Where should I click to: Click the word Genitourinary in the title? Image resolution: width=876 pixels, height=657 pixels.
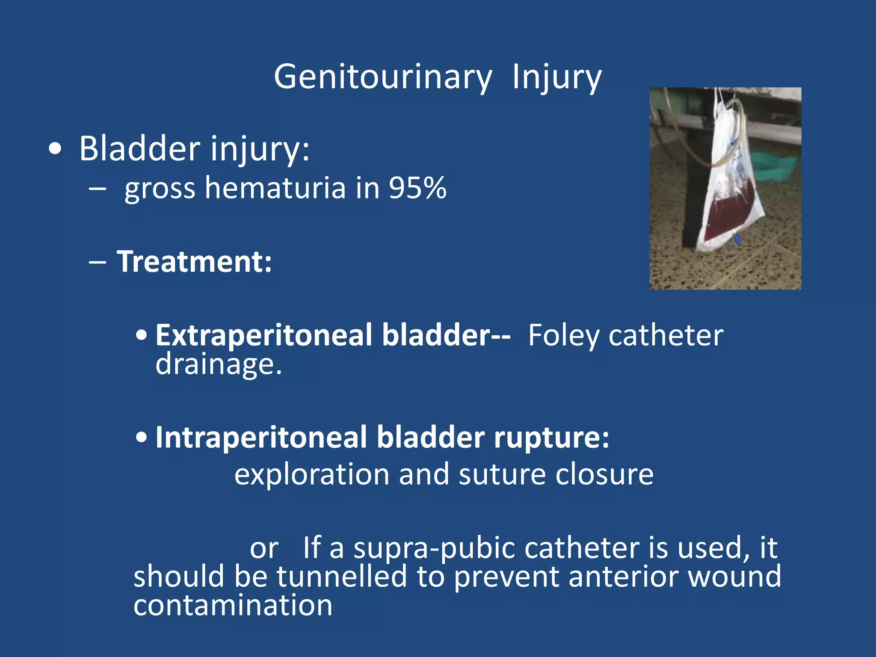383,77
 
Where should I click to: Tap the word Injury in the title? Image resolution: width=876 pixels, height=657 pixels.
557,77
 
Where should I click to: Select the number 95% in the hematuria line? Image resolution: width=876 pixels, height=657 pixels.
417,188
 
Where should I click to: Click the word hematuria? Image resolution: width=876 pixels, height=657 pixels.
275,188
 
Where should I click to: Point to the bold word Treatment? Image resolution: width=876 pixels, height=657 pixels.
195,261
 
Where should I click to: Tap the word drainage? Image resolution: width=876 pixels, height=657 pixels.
219,364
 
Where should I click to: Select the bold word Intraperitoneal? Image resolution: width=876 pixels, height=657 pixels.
261,438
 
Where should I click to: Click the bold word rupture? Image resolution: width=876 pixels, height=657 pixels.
552,438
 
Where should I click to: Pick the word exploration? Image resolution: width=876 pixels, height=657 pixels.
312,474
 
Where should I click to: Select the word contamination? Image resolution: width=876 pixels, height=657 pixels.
233,605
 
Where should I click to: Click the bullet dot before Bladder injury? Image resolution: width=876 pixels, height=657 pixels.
55,149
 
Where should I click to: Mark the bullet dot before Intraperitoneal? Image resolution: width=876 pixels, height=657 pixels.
142,438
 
